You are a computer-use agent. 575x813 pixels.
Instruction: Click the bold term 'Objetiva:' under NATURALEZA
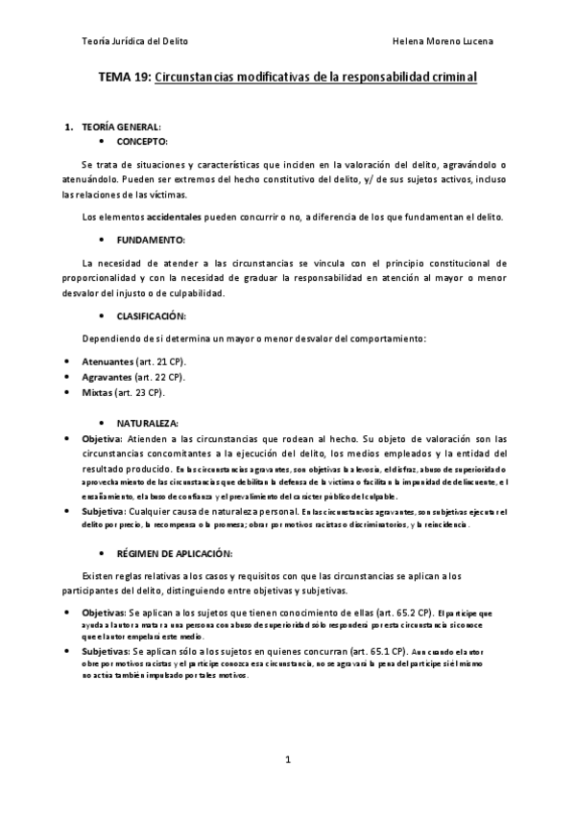click(x=104, y=438)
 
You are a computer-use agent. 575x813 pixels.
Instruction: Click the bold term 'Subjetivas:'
click(x=108, y=649)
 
